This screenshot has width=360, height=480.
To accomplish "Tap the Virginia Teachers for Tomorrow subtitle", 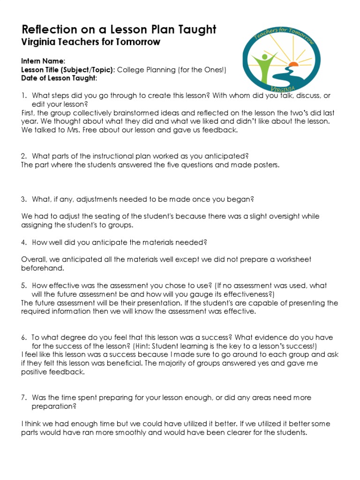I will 91,42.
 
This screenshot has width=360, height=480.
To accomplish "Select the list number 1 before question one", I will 23,96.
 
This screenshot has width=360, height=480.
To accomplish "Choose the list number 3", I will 23,199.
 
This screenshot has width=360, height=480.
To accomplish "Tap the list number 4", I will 23,242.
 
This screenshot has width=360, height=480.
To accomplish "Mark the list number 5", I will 23,285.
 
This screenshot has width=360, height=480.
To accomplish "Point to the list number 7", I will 23,397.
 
